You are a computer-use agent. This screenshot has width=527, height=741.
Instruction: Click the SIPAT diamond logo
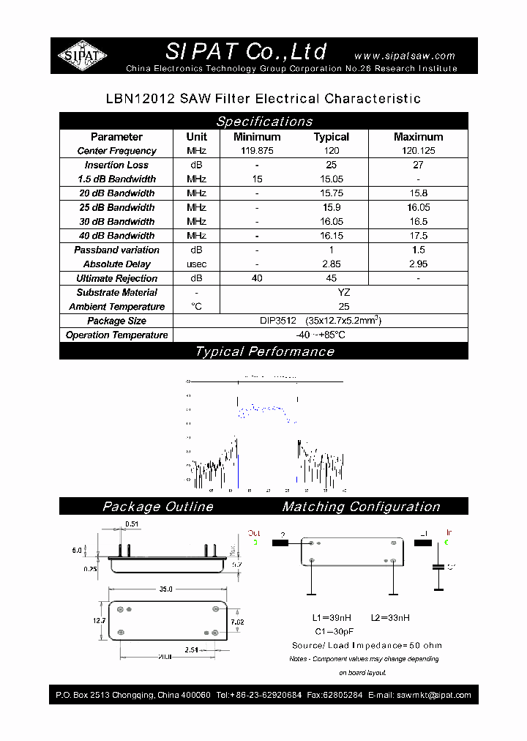pos(83,55)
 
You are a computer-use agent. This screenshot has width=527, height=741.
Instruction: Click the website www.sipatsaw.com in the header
pos(404,56)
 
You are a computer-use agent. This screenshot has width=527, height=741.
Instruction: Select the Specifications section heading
pos(264,122)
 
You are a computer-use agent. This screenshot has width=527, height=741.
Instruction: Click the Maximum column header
pos(418,137)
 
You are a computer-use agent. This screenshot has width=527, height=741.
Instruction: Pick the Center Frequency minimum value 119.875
pos(257,151)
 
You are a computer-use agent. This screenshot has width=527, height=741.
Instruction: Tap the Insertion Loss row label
pos(116,165)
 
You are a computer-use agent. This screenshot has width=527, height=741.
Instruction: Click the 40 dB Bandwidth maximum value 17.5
pos(418,236)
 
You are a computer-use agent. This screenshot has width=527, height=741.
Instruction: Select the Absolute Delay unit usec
pos(196,264)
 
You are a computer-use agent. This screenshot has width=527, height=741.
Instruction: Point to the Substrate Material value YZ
pos(344,292)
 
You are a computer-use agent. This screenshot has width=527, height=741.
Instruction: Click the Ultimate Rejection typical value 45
pos(332,278)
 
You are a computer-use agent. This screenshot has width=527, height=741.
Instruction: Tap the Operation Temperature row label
pos(116,335)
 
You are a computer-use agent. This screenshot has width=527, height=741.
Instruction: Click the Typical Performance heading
pos(264,351)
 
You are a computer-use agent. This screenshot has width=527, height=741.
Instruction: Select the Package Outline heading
pos(158,507)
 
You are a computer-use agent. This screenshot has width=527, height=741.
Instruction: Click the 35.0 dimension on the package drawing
pos(165,589)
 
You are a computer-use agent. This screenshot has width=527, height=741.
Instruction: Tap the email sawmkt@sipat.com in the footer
pos(434,695)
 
